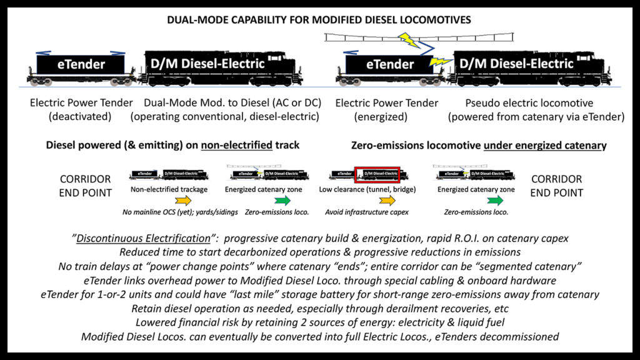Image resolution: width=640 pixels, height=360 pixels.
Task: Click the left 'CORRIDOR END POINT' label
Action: click(86, 186)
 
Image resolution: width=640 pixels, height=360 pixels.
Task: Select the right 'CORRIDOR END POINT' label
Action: click(556, 186)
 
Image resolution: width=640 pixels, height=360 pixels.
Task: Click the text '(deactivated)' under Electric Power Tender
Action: click(82, 116)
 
